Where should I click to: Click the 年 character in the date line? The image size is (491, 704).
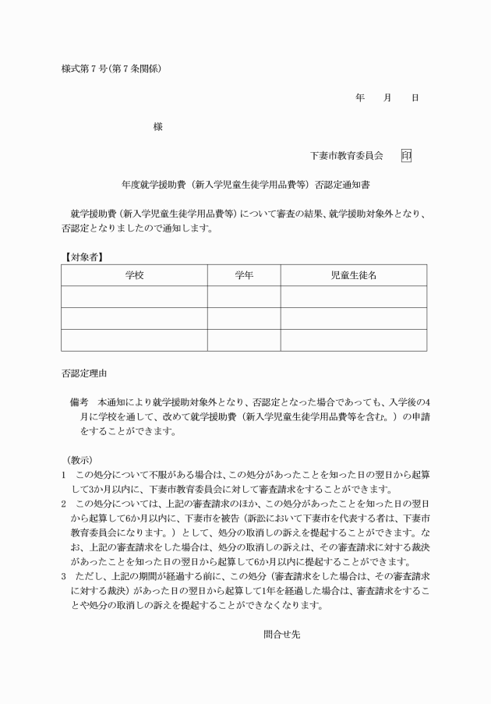coord(360,97)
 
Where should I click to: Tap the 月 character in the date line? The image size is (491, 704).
coord(387,97)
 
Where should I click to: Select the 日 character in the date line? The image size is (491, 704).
coord(415,97)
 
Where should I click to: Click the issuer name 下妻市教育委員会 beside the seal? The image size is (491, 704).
coord(347,156)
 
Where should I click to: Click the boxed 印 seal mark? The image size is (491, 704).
coord(406,156)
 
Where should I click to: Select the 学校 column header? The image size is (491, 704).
coord(134,275)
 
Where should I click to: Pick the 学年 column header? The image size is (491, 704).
coord(244,275)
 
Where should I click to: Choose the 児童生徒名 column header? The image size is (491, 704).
coord(354,275)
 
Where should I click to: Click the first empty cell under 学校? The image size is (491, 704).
coord(134,297)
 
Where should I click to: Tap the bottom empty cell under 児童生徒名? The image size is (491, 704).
coord(354,341)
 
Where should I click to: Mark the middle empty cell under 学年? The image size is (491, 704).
coord(244,319)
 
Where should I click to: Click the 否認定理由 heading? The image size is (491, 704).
coord(83,373)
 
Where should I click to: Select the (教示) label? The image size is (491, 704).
coord(80,460)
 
